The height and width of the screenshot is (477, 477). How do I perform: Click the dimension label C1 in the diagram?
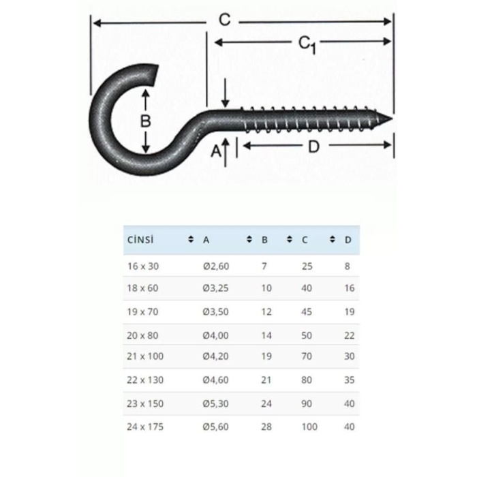(x=307, y=44)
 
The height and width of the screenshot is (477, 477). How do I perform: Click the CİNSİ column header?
(x=140, y=240)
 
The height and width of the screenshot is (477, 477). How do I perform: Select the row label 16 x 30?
(x=142, y=266)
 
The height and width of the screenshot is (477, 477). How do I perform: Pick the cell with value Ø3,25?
(x=216, y=288)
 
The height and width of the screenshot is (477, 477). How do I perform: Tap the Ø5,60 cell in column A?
(x=216, y=427)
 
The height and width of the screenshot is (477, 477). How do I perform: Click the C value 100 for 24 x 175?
(x=309, y=427)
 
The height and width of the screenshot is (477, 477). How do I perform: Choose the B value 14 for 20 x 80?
(x=266, y=335)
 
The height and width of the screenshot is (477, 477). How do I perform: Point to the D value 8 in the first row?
(x=348, y=266)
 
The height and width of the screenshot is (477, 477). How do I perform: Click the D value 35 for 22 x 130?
(x=350, y=380)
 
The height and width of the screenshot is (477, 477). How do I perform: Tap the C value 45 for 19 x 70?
(x=307, y=312)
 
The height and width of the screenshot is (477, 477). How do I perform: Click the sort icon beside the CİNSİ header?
(x=190, y=240)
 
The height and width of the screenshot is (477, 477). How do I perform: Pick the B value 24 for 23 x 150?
(x=266, y=403)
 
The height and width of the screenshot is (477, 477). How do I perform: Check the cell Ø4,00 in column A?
(x=216, y=335)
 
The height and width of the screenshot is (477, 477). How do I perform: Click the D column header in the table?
(x=348, y=240)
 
